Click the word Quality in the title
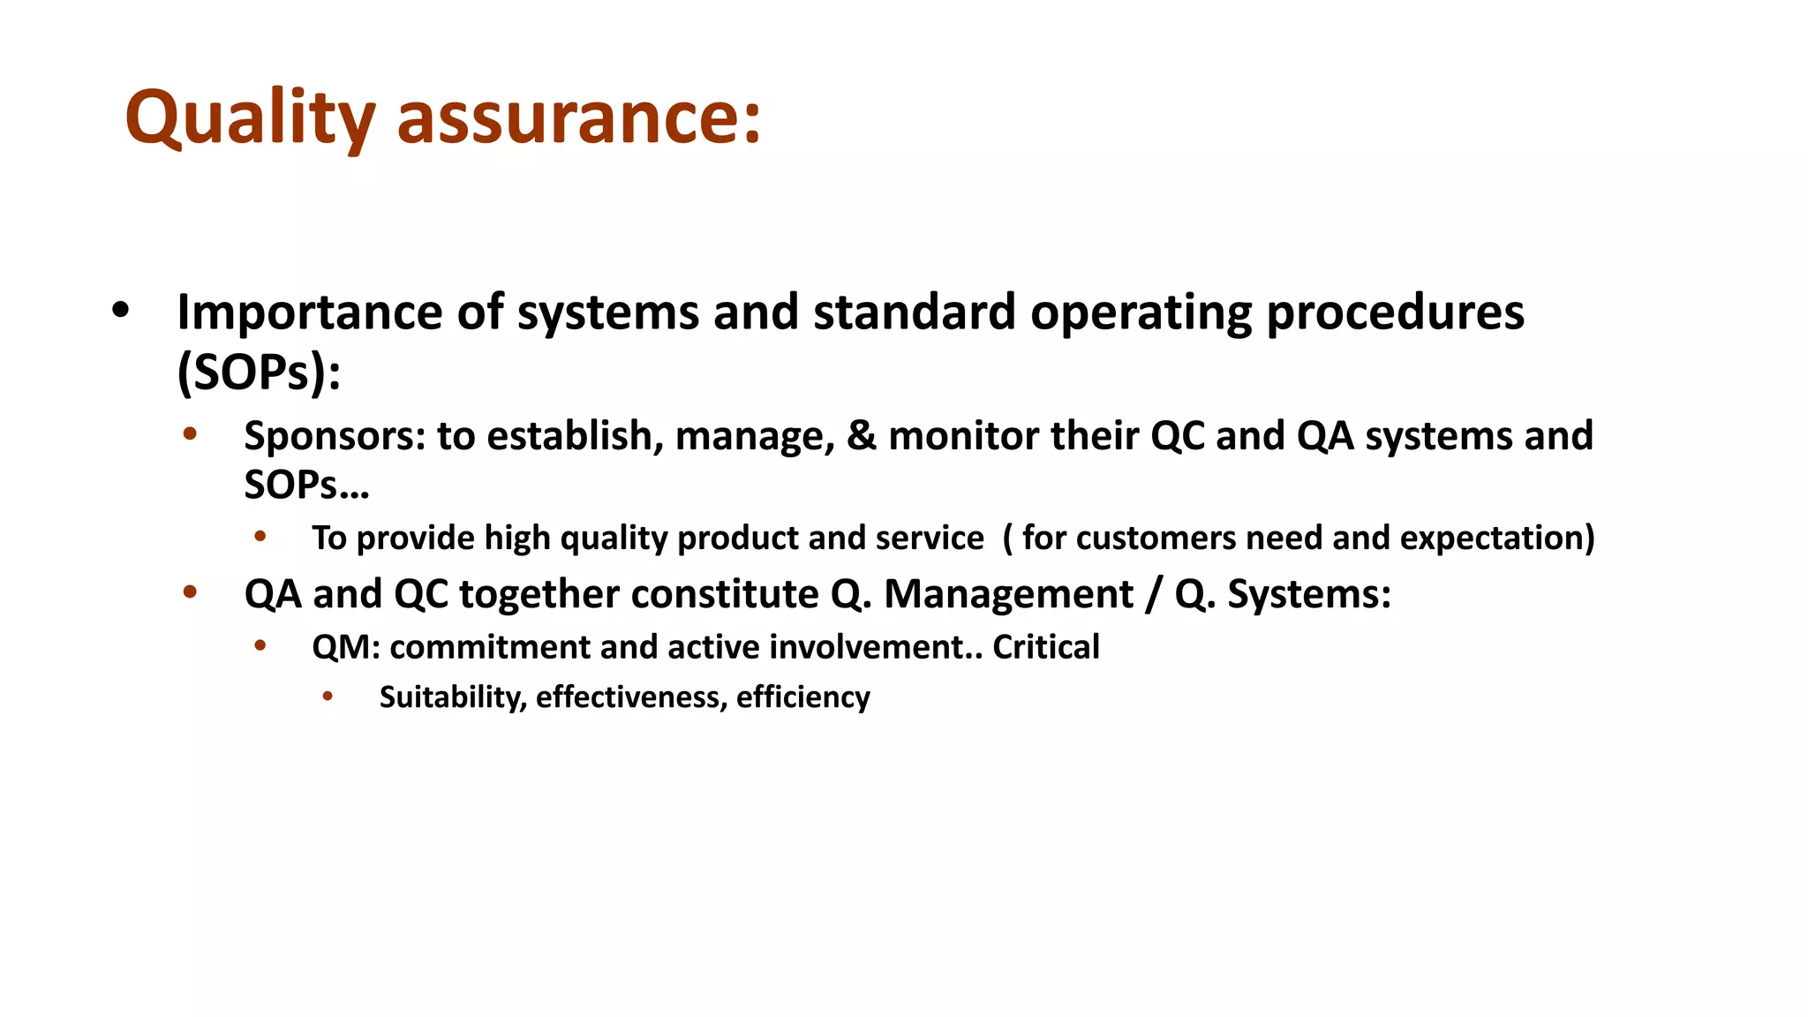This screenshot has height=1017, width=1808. (x=250, y=118)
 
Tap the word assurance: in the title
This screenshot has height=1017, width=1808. (x=578, y=118)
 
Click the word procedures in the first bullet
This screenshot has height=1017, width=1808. (x=1395, y=313)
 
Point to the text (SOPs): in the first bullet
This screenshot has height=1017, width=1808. (x=259, y=373)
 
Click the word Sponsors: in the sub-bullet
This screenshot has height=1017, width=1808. (x=335, y=436)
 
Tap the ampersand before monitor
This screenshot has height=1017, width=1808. (x=861, y=436)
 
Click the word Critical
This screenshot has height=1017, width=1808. (x=1045, y=647)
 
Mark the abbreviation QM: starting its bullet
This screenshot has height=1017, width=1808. (x=345, y=647)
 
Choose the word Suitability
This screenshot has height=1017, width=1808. (x=453, y=697)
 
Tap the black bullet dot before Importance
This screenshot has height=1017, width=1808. (x=121, y=310)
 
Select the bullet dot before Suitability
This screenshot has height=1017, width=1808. (x=328, y=697)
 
